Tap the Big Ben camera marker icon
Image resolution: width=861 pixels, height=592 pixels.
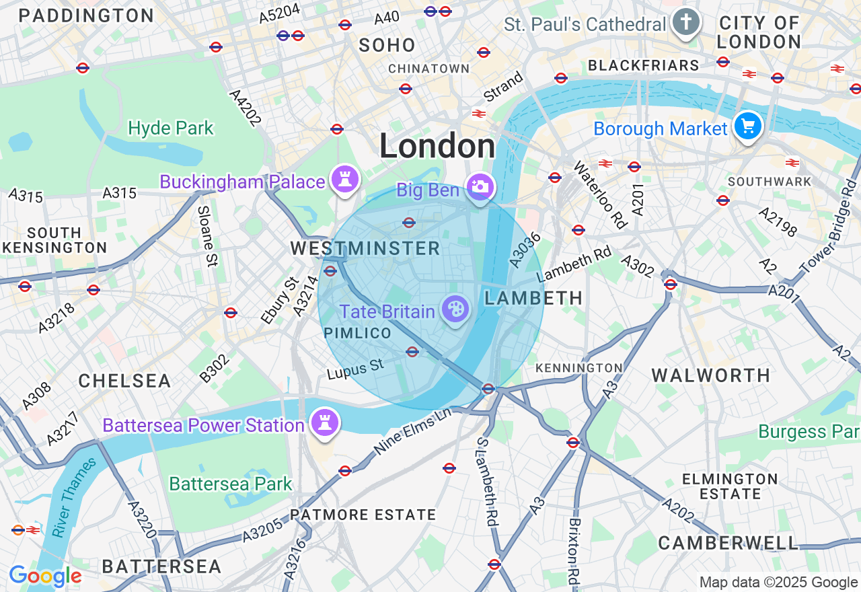(x=480, y=186)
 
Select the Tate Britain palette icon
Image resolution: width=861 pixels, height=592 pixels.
(x=455, y=309)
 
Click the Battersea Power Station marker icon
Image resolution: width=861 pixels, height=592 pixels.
(x=325, y=422)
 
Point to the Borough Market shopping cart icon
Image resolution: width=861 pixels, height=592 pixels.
(x=748, y=126)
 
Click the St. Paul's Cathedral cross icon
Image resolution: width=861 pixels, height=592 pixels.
(x=685, y=22)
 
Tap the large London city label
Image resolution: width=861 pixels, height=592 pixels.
(x=437, y=146)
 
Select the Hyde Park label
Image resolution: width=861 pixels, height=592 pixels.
(x=171, y=128)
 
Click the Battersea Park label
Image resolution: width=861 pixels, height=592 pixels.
(x=231, y=484)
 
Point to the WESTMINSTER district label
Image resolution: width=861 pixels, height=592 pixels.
(x=365, y=248)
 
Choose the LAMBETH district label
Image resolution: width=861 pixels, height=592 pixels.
(x=533, y=298)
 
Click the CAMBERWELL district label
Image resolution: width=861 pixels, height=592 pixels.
(x=728, y=543)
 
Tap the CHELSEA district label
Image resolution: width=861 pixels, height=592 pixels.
(x=124, y=381)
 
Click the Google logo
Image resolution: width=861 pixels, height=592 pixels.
(x=45, y=577)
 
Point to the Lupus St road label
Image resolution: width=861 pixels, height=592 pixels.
(x=355, y=369)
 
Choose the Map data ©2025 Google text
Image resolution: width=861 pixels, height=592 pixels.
(x=778, y=583)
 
